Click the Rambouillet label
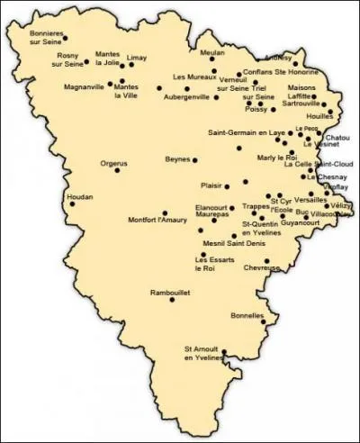point(172,291)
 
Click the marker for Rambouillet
point(172,299)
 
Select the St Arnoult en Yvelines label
point(202,355)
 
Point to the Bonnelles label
point(247,315)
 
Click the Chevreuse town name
point(262,267)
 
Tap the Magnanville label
point(85,87)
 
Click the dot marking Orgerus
point(116,170)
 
